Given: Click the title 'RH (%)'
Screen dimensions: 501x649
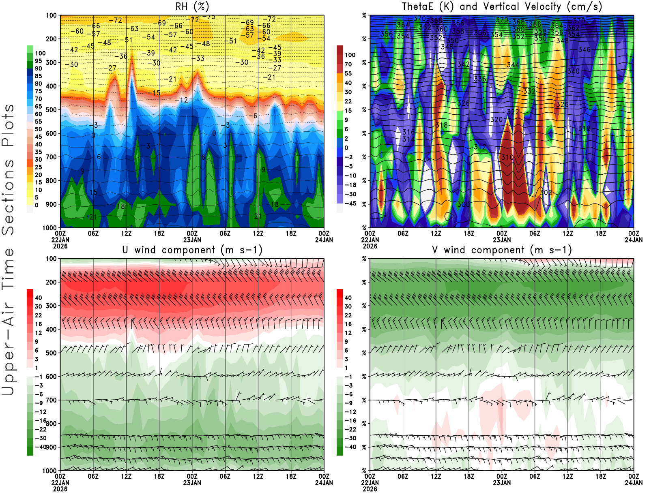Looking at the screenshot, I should [192, 6].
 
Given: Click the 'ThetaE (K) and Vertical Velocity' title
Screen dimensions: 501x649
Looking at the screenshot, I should [502, 6].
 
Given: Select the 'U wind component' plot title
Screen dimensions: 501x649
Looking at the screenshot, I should [192, 250].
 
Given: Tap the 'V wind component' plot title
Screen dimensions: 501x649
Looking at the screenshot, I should [502, 250].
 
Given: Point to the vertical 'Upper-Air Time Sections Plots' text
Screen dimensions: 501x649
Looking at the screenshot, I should [8, 249].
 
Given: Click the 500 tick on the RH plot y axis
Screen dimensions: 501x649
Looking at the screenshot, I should [51, 110].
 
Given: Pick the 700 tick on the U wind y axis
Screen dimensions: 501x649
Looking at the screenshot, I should [51, 400].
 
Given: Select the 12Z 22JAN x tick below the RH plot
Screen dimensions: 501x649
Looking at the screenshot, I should [126, 233].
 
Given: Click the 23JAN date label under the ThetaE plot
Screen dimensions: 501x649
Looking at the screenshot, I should [502, 240].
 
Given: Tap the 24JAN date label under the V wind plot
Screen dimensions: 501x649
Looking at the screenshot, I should [634, 483].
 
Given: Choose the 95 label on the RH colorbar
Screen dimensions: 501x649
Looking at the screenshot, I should [38, 61].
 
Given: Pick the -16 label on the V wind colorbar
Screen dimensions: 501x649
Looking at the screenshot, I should [350, 421].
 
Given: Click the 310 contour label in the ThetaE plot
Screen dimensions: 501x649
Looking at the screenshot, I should [507, 157].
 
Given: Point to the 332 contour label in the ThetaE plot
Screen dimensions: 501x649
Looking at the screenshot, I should [529, 91].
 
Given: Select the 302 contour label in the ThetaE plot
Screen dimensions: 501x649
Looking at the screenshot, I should [546, 193].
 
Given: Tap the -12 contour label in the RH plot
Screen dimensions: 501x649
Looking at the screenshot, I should [181, 100].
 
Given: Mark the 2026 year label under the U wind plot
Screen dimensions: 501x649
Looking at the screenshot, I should [60, 489].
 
